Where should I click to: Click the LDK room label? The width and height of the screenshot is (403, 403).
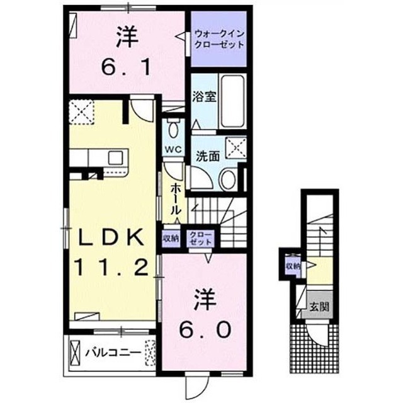[x=111, y=237]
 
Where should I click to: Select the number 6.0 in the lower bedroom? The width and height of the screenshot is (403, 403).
[x=205, y=330]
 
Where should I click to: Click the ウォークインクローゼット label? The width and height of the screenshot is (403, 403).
[x=219, y=39]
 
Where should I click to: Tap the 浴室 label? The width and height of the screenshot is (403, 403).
[x=205, y=96]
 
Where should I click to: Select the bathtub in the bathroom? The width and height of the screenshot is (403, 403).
[x=232, y=101]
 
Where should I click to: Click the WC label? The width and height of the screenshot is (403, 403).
[x=174, y=149]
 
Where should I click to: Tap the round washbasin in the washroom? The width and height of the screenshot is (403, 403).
[x=229, y=179]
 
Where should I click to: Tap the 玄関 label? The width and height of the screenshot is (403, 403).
[x=319, y=307]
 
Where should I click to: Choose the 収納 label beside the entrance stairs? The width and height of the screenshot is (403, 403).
[x=293, y=266]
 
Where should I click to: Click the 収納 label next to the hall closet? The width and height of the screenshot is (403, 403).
[x=171, y=239]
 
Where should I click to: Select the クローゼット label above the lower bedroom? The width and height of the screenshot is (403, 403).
[x=200, y=239]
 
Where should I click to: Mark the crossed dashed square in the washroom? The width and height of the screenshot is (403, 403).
[x=236, y=148]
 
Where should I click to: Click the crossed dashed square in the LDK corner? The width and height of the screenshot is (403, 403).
[x=81, y=112]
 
